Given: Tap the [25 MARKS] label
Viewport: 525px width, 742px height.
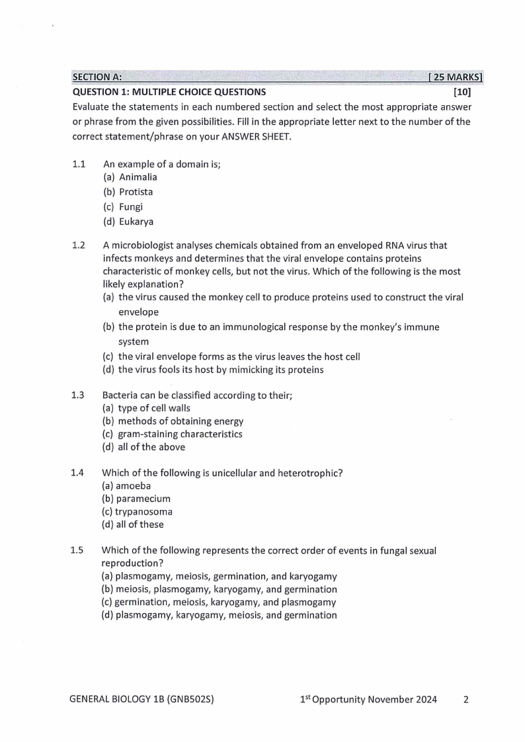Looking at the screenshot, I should [x=456, y=77].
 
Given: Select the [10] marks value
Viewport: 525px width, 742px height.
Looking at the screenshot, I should [x=462, y=92].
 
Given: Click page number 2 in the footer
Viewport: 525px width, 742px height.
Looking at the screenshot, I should [x=465, y=700].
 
